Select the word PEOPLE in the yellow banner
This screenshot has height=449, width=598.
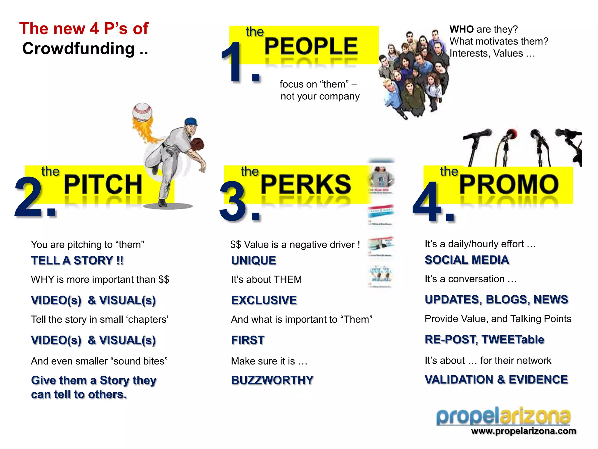pyautogui.click(x=311, y=46)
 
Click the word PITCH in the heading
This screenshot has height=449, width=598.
pyautogui.click(x=103, y=184)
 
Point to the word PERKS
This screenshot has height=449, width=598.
pyautogui.click(x=306, y=184)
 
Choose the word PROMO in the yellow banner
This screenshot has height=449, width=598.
pyautogui.click(x=509, y=184)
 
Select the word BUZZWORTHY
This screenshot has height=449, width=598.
pyautogui.click(x=272, y=380)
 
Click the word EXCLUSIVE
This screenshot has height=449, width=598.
pyautogui.click(x=264, y=300)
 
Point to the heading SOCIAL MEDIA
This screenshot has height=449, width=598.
pyautogui.click(x=467, y=260)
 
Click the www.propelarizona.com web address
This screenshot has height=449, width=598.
pyautogui.click(x=524, y=431)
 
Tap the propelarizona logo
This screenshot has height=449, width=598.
pyautogui.click(x=503, y=416)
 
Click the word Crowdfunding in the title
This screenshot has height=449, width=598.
pyautogui.click(x=78, y=49)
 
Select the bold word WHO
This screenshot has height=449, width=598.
pyautogui.click(x=461, y=29)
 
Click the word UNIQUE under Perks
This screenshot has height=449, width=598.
pyautogui.click(x=253, y=260)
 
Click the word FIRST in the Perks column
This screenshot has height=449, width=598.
pyautogui.click(x=248, y=340)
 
